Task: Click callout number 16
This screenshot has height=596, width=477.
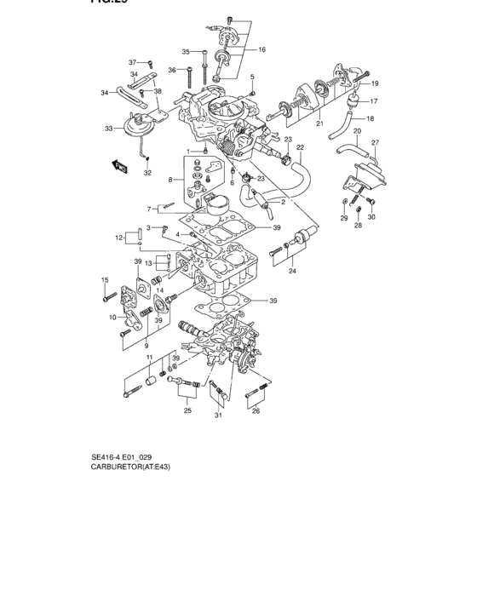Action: tap(261, 49)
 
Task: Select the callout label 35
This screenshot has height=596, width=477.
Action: tap(186, 52)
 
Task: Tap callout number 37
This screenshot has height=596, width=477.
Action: tap(132, 62)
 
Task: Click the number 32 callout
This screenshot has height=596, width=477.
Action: tap(147, 173)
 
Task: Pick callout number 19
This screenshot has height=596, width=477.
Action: tap(374, 83)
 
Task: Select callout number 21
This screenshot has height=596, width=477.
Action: tap(320, 124)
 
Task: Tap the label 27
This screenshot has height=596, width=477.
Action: tap(374, 142)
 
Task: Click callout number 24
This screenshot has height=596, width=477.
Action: tap(292, 271)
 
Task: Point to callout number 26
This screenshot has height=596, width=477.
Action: tap(256, 410)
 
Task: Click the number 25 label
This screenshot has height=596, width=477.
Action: tap(187, 410)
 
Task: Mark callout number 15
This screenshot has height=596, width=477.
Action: tap(105, 280)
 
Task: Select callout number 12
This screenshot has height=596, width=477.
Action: tap(119, 238)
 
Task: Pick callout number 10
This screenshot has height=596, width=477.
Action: tap(112, 317)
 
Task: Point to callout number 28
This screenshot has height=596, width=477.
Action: tap(358, 226)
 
